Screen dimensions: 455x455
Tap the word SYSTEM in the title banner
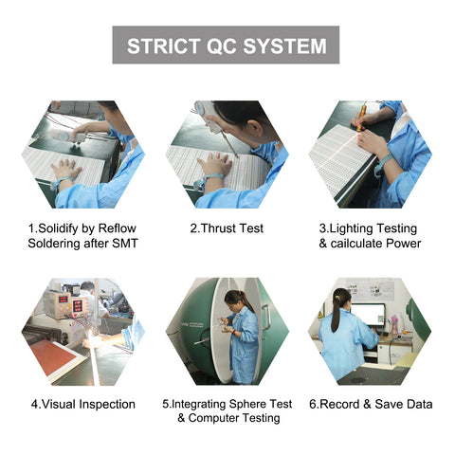tap(284, 45)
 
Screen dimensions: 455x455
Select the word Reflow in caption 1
tap(117, 228)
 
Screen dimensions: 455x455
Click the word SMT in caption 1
tap(125, 244)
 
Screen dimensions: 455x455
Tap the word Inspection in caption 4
tap(107, 405)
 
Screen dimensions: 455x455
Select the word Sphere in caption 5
tap(247, 404)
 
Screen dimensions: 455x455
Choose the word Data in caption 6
tap(419, 404)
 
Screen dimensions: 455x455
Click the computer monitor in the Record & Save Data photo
tap(368, 315)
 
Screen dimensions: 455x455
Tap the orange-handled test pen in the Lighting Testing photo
tap(361, 118)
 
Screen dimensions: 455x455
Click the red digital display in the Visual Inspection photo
tap(78, 306)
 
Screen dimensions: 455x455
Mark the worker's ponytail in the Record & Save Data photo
tap(336, 314)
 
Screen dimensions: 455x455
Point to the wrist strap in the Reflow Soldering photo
tap(63, 182)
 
